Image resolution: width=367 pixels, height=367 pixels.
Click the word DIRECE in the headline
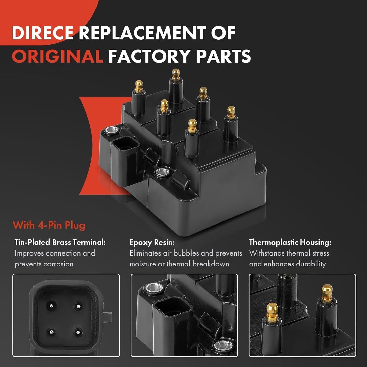[42, 33]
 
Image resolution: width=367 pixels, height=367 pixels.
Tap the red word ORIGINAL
[57, 56]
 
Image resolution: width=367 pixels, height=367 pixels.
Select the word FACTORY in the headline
[149, 56]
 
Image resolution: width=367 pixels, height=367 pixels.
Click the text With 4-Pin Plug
[49, 225]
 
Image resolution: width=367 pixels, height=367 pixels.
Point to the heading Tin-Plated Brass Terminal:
[60, 242]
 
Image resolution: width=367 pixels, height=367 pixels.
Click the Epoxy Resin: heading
[152, 243]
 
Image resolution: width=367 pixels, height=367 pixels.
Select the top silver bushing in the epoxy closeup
[153, 288]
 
